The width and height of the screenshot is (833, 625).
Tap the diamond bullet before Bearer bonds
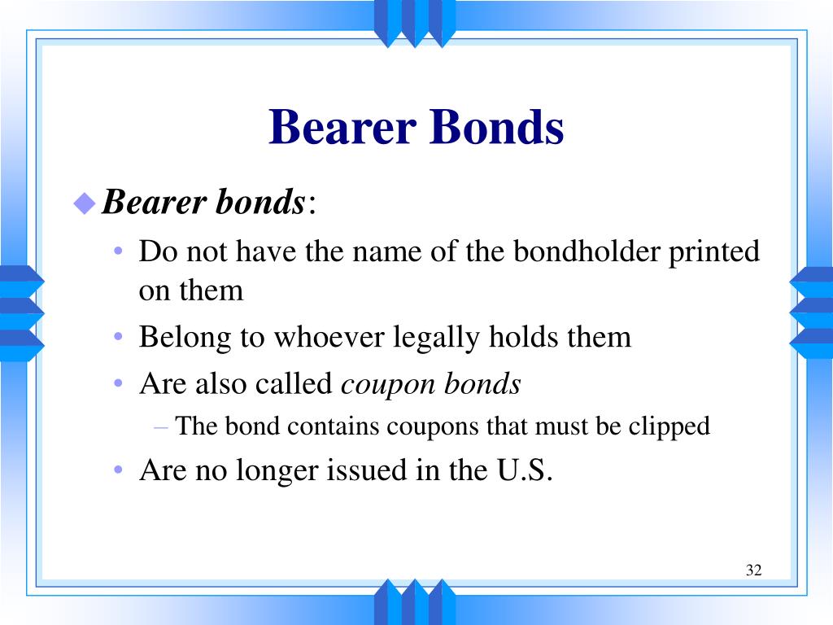[85, 203]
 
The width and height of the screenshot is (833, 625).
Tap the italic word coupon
[387, 385]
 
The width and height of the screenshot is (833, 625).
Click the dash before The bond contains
[161, 427]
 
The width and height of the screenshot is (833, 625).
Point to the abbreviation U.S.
[525, 470]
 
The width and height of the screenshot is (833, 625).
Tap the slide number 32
[754, 570]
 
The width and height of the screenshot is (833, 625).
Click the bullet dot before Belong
[119, 336]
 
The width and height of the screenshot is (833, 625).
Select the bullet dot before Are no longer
[119, 470]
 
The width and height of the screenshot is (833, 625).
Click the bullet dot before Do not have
[119, 251]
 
